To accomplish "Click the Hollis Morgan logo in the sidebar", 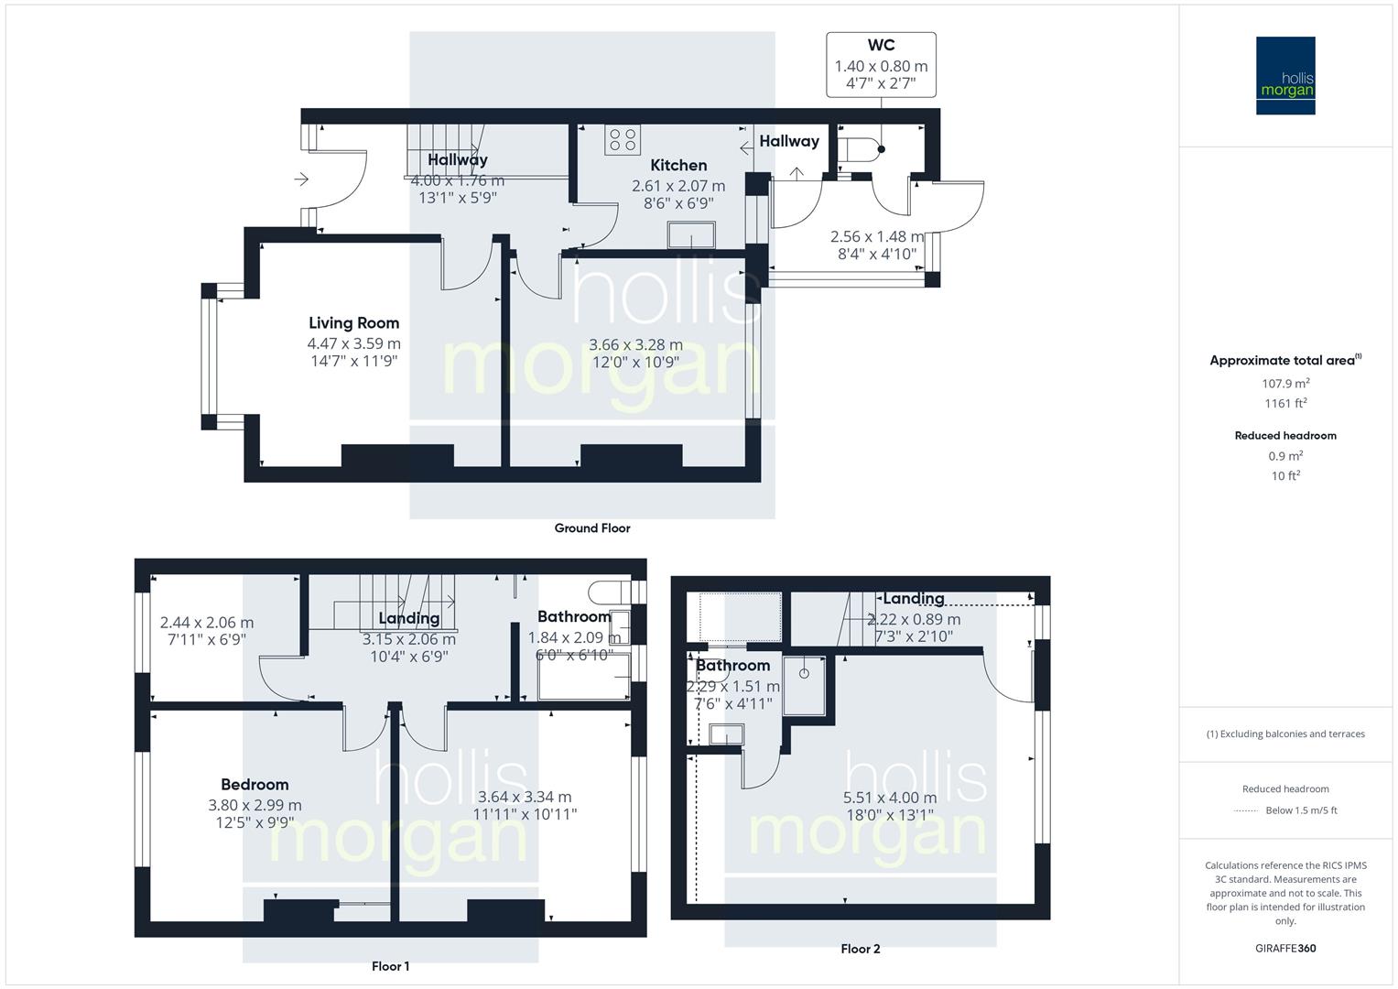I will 1284,76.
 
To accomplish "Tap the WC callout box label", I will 881,46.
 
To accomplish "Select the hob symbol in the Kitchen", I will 623,141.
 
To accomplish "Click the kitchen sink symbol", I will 691,234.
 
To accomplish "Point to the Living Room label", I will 353,323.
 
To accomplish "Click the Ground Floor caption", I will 592,528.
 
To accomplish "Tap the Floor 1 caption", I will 390,967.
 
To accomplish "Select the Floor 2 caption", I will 860,950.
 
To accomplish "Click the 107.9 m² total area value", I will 1285,384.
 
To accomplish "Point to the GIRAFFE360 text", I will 1285,949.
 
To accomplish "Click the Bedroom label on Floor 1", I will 255,785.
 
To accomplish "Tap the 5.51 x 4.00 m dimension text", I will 889,798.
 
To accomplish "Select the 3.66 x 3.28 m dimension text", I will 635,345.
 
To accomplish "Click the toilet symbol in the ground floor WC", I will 861,149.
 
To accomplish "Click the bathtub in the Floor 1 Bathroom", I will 583,678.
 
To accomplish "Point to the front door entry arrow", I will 301,179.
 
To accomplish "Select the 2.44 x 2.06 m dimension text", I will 207,623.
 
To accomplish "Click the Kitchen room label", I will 678,166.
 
